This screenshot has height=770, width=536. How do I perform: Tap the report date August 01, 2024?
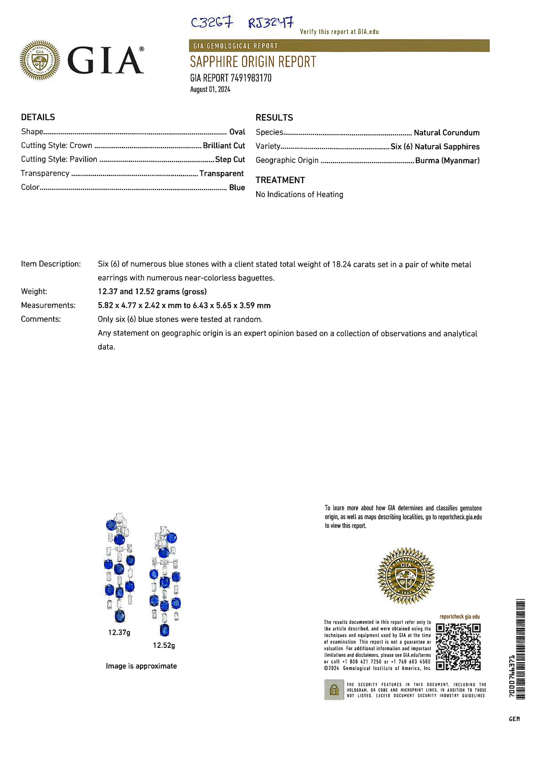(x=210, y=89)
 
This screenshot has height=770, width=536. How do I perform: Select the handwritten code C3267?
(x=212, y=23)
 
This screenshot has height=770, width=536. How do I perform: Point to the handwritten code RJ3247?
(x=271, y=23)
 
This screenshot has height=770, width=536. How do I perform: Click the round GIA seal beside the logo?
(x=40, y=60)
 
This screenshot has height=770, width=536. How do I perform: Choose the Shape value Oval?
(x=237, y=132)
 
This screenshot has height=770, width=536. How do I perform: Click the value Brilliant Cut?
(x=224, y=146)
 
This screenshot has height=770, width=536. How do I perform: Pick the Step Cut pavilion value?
(x=230, y=159)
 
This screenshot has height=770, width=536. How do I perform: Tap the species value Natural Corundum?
(x=446, y=133)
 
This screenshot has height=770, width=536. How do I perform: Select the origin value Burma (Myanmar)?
(x=447, y=160)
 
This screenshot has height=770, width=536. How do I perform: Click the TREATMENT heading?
(x=280, y=180)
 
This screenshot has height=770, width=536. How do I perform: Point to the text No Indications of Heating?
(x=299, y=194)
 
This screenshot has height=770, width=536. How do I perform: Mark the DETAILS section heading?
(x=38, y=117)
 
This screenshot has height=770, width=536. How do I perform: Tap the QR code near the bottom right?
(x=458, y=647)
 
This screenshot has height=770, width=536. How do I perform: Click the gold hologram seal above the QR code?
(x=406, y=576)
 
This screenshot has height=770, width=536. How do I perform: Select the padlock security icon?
(x=334, y=690)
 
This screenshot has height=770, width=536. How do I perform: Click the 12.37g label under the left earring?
(x=119, y=632)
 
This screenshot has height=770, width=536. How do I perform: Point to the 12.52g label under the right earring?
(x=164, y=645)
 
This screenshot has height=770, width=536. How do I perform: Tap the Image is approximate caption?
(x=141, y=666)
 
